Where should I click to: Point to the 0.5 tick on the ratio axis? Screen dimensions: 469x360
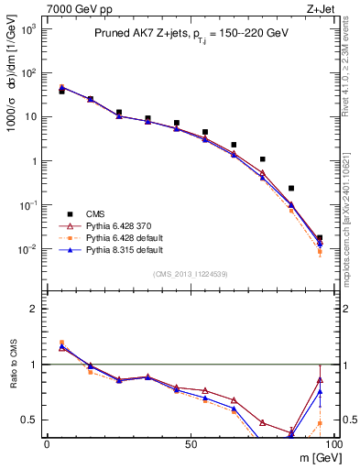29,420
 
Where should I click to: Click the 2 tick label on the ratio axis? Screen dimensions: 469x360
33,309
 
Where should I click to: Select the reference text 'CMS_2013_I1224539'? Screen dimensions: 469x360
189,273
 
